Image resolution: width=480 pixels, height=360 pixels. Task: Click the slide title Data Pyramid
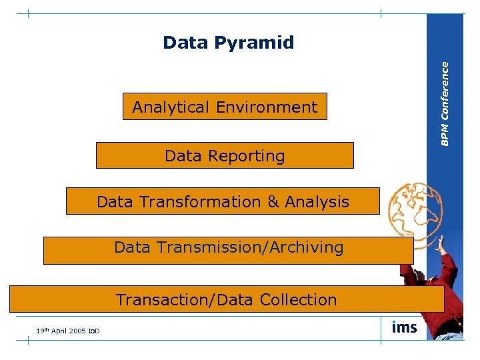(x=228, y=43)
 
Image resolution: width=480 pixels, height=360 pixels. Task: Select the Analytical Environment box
(x=225, y=107)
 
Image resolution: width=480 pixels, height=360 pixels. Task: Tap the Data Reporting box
(x=225, y=156)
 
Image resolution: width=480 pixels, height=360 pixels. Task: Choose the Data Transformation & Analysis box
(x=223, y=201)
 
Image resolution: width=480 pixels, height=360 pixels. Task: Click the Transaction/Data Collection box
(x=227, y=299)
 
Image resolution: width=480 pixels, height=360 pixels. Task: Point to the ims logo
(x=405, y=327)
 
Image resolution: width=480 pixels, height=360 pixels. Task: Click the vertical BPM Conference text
(x=445, y=103)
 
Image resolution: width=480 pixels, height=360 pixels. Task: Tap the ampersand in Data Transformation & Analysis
(x=273, y=201)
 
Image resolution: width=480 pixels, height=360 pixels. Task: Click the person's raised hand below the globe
(x=440, y=245)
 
